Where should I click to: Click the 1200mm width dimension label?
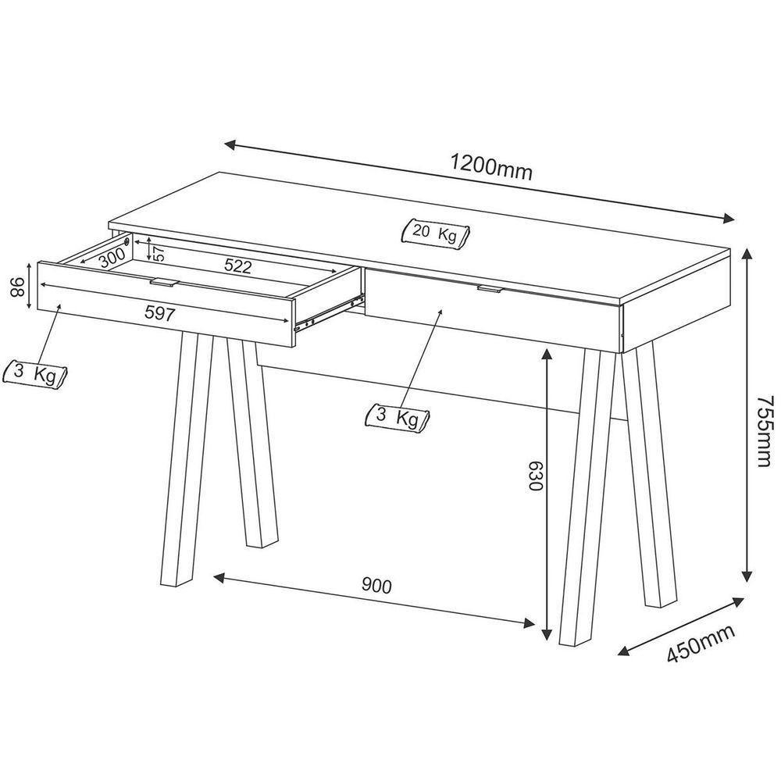coord(491,168)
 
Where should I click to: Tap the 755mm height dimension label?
coord(764,431)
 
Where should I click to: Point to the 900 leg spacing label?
coord(376,586)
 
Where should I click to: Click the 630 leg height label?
coord(534,476)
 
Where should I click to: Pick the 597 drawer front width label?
coord(160,313)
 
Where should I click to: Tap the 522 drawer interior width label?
coord(237,266)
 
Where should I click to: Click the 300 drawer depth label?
coord(112,258)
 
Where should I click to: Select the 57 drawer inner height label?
coord(159,254)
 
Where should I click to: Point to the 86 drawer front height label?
coord(18,287)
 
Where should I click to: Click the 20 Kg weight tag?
coord(435,233)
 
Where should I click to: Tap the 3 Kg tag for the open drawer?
coord(35,373)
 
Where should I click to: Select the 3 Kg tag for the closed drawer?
coord(397,417)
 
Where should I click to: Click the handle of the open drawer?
coord(164,283)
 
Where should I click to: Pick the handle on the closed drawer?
coord(490,289)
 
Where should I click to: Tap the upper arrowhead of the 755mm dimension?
coord(746,255)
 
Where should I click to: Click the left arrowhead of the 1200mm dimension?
coord(230,144)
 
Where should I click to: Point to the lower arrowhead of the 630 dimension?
coord(547,633)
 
